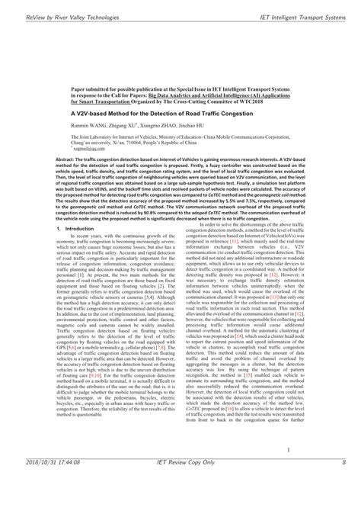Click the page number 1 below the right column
click(x=292, y=471)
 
